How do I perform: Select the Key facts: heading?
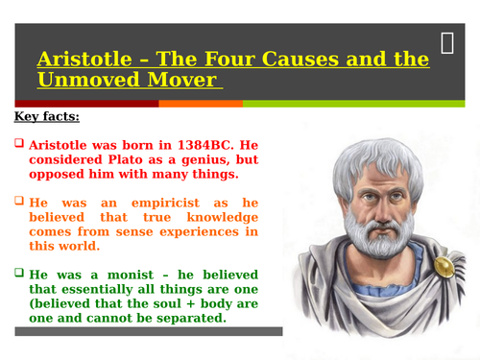pos(47,117)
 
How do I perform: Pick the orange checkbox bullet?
pos(19,203)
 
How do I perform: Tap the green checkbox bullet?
pos(19,273)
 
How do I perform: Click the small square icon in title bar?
pos(448,43)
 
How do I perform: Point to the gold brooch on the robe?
pos(444,266)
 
